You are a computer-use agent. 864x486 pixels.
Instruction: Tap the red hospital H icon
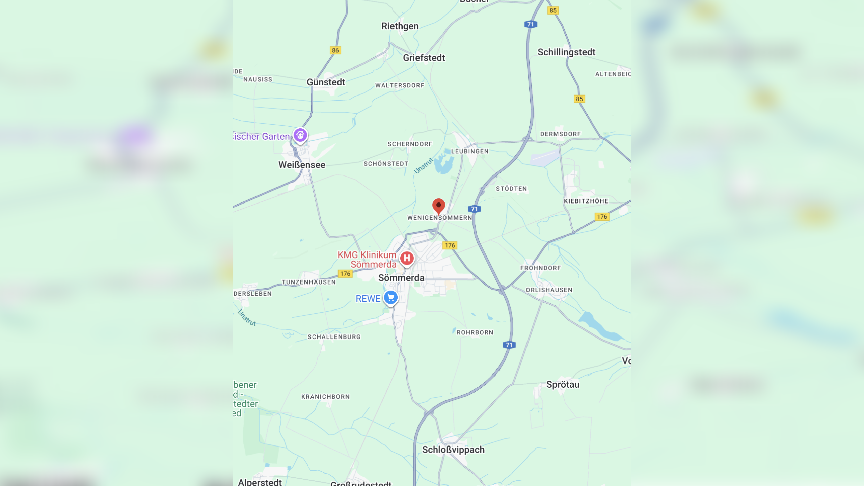pos(407,258)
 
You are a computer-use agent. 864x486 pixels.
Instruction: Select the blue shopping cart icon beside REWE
pos(391,298)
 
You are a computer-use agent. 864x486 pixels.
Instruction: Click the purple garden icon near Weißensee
pos(300,135)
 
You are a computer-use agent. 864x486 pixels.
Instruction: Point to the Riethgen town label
pos(400,26)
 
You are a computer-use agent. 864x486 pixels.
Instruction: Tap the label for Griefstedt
pos(424,58)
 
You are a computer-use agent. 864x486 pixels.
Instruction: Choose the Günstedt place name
pos(326,82)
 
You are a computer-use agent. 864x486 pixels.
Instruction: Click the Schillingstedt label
pos(566,52)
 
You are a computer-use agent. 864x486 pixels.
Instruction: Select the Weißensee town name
pos(302,165)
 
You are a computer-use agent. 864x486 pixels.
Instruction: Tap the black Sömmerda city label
pos(401,278)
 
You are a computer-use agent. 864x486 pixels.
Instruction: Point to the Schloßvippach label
pos(453,450)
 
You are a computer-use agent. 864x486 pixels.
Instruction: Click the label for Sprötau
pos(563,384)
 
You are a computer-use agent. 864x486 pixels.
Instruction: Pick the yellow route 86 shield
pos(335,50)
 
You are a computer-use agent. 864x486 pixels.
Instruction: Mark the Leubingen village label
pos(470,151)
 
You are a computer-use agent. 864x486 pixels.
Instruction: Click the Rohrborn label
pos(475,332)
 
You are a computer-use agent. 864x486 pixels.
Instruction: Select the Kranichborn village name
pos(325,397)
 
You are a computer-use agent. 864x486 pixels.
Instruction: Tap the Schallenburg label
pos(334,337)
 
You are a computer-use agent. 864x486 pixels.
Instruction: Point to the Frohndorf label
pos(540,268)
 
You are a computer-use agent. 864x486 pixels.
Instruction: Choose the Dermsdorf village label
pos(560,134)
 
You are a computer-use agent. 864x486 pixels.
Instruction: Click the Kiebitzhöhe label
pos(586,201)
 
